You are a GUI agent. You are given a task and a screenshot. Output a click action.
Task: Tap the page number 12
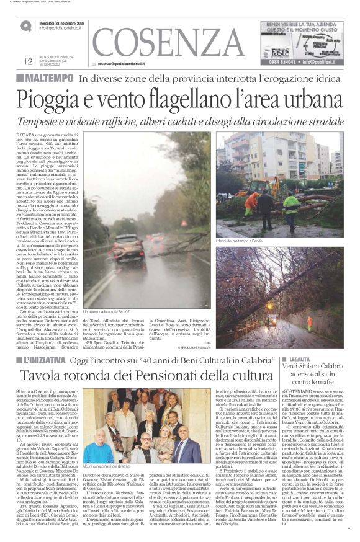click(28, 61)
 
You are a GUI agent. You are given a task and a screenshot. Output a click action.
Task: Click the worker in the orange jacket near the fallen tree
click(251, 202)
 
